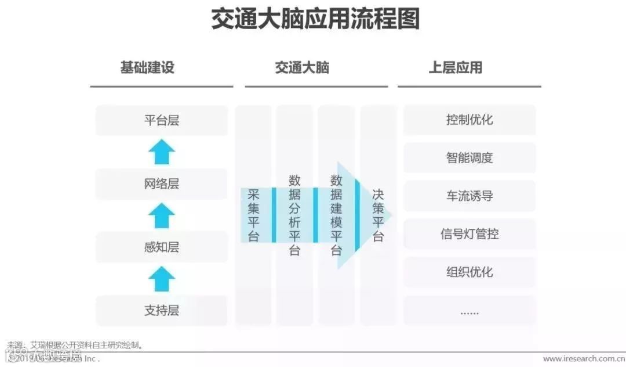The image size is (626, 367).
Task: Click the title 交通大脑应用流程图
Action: point(315,20)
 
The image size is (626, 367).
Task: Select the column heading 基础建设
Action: point(147,67)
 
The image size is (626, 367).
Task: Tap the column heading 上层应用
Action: point(456,67)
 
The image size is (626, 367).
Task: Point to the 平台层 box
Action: point(162,121)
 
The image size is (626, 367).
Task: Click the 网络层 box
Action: point(162,184)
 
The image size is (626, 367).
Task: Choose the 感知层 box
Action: point(162,247)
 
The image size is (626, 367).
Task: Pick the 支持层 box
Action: point(162,311)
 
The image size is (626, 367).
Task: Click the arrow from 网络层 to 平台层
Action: point(162,153)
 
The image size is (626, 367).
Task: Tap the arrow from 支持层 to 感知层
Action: point(162,279)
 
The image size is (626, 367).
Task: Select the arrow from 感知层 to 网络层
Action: point(162,216)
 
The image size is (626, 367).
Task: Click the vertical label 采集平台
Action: point(253,215)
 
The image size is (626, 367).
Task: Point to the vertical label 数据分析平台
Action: point(294,215)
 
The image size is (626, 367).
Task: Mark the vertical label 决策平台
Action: point(378,215)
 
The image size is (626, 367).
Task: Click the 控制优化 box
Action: point(469,120)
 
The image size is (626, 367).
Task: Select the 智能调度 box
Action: point(469,158)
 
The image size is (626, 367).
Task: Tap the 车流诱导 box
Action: point(469,196)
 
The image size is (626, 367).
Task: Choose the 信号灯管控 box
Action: point(469,234)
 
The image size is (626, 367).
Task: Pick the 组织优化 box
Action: point(469,272)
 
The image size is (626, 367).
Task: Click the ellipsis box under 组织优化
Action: point(469,311)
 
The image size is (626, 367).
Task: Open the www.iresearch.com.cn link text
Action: point(583,359)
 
